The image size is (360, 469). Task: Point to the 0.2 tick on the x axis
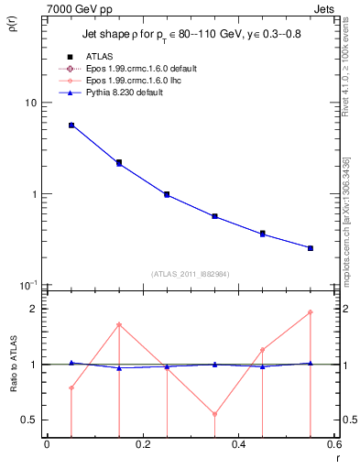pos(142,445)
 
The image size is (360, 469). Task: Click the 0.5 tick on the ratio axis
pos(30,420)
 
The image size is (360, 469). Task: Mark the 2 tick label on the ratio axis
pos(35,309)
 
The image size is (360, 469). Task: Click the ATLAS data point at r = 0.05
pos(71,125)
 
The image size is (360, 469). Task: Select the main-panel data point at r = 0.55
pos(311,248)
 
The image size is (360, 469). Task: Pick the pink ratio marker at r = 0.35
pos(214,414)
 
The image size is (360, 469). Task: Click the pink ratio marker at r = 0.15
pos(119,324)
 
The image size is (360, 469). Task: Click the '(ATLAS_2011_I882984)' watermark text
pos(191,273)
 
